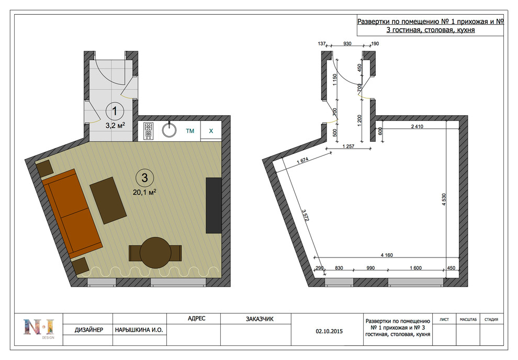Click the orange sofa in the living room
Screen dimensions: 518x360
[72, 213]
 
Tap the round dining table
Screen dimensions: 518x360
[155, 253]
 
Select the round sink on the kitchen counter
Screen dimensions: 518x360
[169, 130]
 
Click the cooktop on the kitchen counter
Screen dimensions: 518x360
[148, 131]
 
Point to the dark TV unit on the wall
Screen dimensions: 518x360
[213, 206]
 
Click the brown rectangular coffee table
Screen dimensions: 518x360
[108, 200]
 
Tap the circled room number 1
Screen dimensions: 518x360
[115, 111]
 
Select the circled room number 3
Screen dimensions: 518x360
[145, 178]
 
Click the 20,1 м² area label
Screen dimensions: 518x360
[144, 192]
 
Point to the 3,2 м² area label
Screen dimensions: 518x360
[115, 126]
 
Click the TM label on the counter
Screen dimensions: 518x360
[190, 131]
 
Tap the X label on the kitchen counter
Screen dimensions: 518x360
[211, 131]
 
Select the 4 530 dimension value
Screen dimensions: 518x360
[444, 199]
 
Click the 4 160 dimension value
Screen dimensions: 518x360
[387, 255]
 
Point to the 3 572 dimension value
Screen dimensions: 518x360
[306, 215]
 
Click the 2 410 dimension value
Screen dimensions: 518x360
[417, 126]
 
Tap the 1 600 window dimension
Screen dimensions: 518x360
[415, 268]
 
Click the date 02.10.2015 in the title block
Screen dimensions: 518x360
[329, 331]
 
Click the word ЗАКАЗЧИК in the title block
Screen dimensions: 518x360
[260, 319]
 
